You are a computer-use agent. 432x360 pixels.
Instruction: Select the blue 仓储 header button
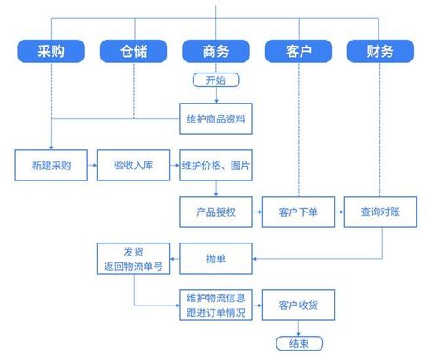(x=134, y=52)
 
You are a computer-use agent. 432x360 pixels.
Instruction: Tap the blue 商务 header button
(x=216, y=52)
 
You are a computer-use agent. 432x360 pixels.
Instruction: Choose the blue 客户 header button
(x=298, y=52)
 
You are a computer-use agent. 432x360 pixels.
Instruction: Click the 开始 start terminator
(x=215, y=80)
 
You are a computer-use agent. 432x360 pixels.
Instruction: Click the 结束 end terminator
(x=298, y=343)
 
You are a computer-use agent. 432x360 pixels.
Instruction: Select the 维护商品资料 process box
(x=215, y=119)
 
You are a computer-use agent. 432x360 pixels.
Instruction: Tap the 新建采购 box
(x=51, y=165)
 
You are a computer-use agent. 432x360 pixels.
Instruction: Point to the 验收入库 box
(x=134, y=165)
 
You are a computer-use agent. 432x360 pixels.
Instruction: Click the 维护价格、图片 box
(x=216, y=165)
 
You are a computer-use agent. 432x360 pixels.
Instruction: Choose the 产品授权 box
(x=216, y=211)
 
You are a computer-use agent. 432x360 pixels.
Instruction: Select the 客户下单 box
(x=298, y=211)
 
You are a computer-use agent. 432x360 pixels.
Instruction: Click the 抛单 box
(x=216, y=256)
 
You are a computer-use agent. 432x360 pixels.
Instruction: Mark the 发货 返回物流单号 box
(x=134, y=257)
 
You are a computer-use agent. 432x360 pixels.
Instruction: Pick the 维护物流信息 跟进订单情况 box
(x=216, y=305)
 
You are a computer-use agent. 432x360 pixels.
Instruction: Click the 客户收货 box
(x=298, y=305)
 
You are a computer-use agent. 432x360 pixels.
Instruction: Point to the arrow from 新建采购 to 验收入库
(x=92, y=165)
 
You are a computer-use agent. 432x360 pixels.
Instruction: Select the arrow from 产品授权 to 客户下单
(x=257, y=211)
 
